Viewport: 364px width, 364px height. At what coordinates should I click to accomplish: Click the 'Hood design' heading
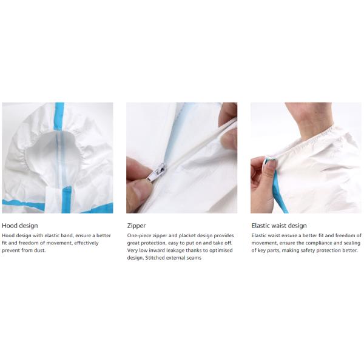tap(20, 226)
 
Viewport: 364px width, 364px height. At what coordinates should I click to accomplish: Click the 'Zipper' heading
tap(136, 226)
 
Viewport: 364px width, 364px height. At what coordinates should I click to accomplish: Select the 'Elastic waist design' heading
tap(278, 226)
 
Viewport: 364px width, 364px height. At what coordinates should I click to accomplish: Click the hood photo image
tap(57, 157)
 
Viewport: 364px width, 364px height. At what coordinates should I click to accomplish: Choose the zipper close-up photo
tap(181, 157)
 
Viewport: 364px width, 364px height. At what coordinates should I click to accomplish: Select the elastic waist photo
tap(306, 157)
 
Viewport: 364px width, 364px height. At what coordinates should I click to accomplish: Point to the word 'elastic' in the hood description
tap(58, 235)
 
